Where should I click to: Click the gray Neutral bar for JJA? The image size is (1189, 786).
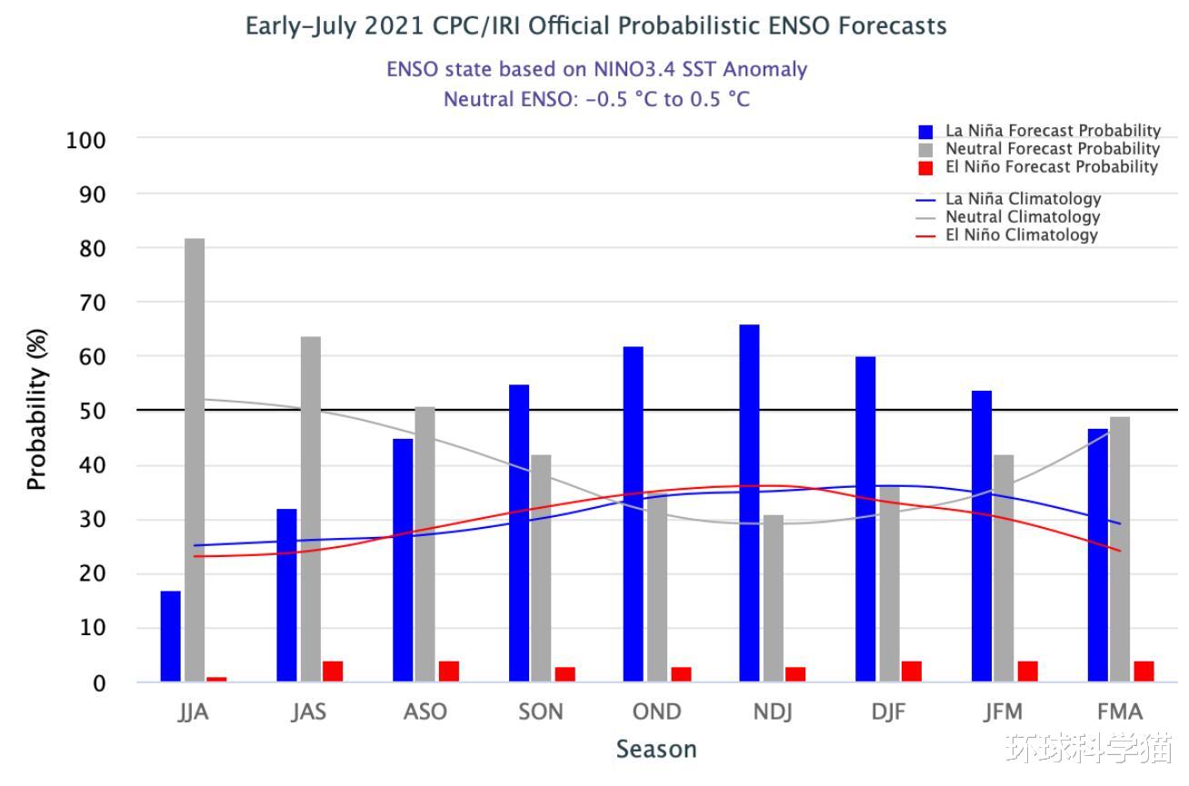click(x=195, y=460)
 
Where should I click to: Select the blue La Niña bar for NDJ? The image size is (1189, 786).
click(x=749, y=502)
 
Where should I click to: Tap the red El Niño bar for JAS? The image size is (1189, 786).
click(x=333, y=672)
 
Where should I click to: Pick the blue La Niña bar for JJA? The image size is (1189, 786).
click(x=171, y=636)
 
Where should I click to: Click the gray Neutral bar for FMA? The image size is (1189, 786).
click(x=1120, y=549)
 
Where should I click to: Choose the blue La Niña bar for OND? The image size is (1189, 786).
click(x=634, y=513)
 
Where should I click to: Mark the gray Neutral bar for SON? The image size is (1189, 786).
click(x=541, y=568)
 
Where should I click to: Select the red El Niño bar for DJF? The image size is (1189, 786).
click(x=911, y=672)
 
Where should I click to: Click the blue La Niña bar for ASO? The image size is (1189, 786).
click(x=403, y=560)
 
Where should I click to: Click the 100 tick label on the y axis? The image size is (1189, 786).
click(x=86, y=141)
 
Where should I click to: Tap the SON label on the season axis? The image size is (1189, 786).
click(x=541, y=711)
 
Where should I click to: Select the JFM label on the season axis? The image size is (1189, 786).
click(x=1003, y=711)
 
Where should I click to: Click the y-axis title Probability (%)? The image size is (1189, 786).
click(x=36, y=409)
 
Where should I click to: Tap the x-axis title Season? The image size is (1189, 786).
click(x=656, y=750)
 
